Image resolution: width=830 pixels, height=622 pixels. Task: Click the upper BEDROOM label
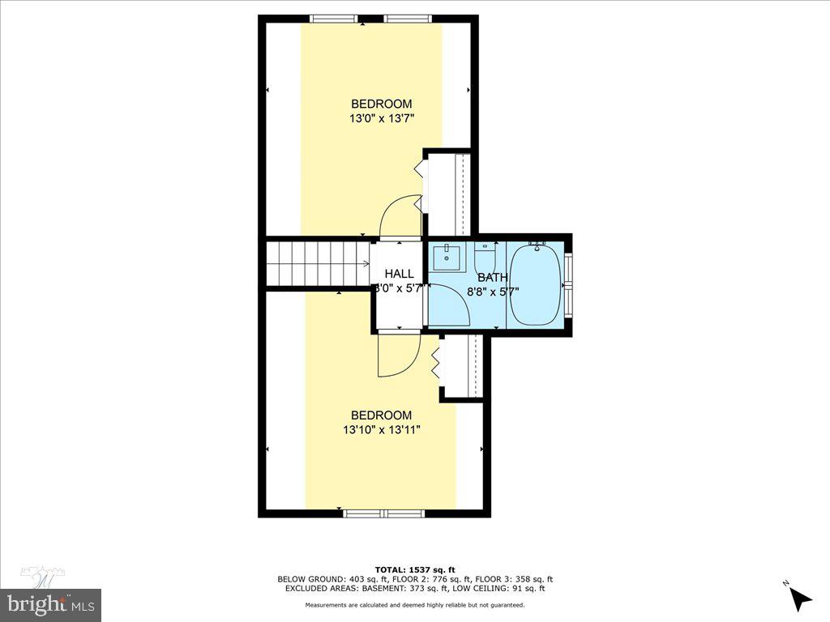(381, 104)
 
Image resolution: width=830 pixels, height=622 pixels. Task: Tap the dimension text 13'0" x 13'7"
(381, 117)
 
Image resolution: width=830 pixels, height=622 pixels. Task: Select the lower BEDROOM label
(381, 415)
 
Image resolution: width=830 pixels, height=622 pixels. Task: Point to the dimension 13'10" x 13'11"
(381, 429)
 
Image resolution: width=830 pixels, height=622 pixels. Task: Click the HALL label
(399, 274)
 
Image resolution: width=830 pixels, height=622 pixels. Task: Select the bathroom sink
(445, 258)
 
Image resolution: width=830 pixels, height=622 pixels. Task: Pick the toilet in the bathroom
(485, 260)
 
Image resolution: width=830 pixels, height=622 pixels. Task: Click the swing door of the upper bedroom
(400, 215)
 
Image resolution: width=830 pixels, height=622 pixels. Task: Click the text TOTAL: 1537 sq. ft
(415, 569)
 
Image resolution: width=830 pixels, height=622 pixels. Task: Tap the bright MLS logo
(50, 603)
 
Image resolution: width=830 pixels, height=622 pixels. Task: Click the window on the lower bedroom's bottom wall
(383, 513)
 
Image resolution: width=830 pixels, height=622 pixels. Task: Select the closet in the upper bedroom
(448, 192)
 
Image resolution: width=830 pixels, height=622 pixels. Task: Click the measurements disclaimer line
(415, 605)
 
